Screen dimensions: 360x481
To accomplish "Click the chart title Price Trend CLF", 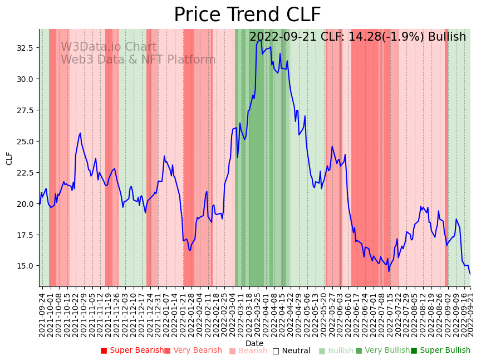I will [x=247, y=15].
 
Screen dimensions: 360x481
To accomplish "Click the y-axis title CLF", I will [x=9, y=158].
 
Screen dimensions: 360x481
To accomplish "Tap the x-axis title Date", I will [x=254, y=343].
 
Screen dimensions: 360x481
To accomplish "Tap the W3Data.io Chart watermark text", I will [x=109, y=47].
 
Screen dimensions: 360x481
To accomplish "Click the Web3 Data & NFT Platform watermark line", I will [x=138, y=60].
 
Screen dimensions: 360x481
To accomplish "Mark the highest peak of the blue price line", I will [x=259, y=40].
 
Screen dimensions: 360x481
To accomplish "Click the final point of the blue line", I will [x=470, y=274].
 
